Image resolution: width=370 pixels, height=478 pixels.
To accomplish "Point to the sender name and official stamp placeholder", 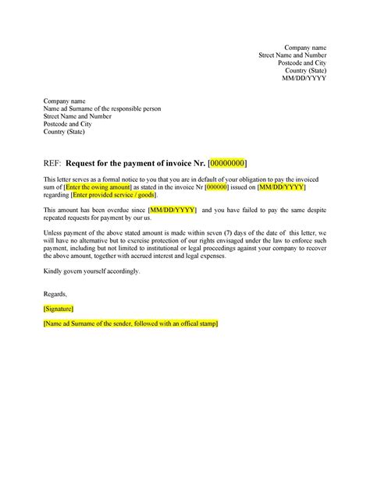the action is tap(131, 323).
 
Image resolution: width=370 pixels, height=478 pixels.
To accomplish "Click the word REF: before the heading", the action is tap(53, 163).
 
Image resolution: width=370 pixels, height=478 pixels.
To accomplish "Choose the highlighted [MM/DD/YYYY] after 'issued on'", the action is tap(283, 188).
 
